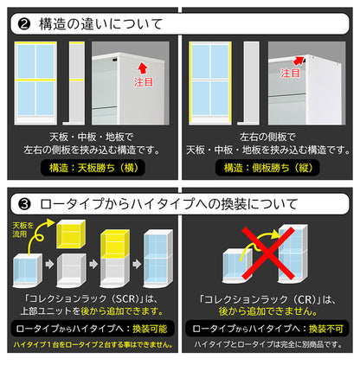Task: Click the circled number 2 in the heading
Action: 24,24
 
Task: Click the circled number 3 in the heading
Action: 24,204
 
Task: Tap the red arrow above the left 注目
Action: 143,68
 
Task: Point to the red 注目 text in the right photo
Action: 290,73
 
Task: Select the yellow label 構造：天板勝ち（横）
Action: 93,168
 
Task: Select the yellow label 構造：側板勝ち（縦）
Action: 268,168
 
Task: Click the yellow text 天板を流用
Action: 23,229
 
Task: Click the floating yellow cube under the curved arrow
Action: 71,234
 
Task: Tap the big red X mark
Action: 268,253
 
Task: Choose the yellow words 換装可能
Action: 150,329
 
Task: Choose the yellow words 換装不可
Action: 326,329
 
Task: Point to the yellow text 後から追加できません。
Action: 268,311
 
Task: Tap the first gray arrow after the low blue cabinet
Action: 49,264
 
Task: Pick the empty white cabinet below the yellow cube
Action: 71,271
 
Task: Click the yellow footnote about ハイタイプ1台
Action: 93,344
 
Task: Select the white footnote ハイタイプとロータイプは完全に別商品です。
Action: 268,344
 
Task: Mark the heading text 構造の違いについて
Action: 100,24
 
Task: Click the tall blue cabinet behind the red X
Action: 292,253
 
